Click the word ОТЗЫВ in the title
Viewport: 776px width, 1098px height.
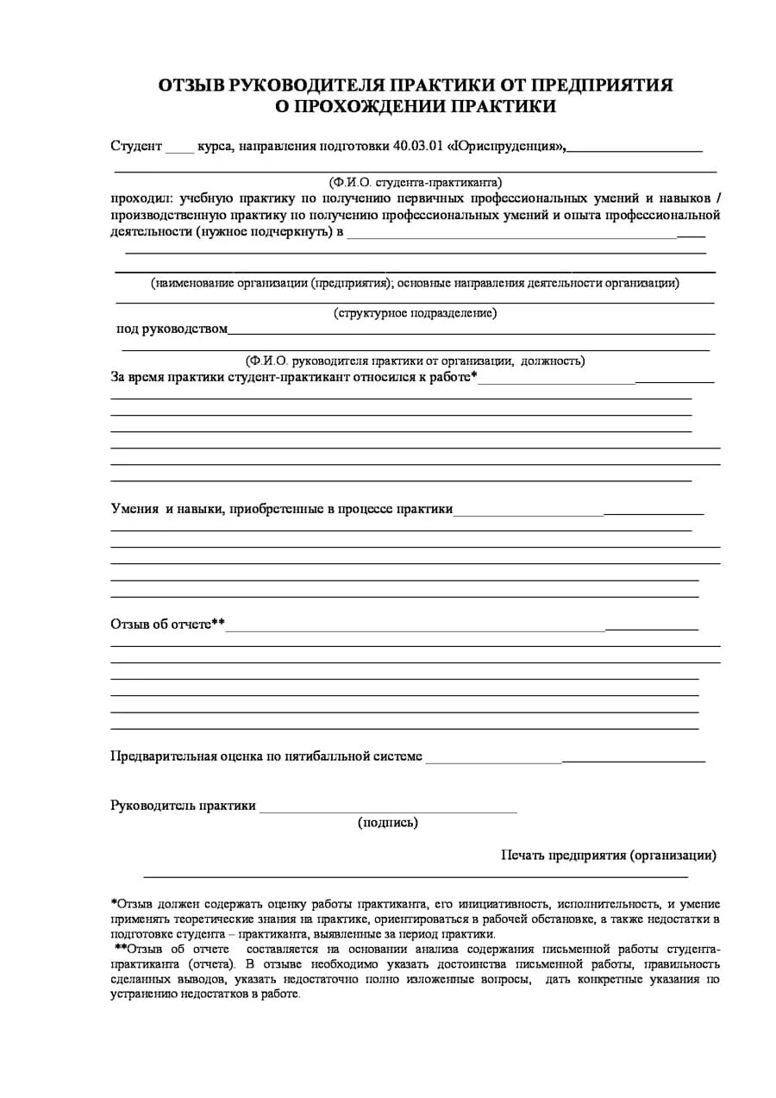tap(191, 85)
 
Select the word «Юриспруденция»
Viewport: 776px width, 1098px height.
tap(506, 146)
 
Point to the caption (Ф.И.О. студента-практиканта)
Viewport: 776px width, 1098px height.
tap(415, 182)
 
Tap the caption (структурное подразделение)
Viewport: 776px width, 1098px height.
tap(415, 313)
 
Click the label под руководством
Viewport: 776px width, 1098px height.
tap(172, 329)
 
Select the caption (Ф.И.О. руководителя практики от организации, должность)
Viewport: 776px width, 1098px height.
tap(415, 361)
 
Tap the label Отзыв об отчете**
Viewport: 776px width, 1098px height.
tap(167, 624)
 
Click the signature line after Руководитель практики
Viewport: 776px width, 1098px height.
tap(388, 808)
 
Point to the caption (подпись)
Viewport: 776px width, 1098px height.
tap(388, 822)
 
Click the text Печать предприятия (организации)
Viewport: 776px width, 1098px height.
tap(609, 855)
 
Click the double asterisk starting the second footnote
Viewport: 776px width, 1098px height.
tap(120, 948)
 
